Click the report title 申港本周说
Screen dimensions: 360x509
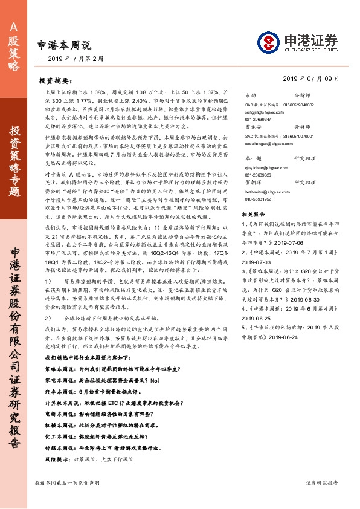[63, 45]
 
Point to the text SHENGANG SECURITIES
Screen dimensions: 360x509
[307, 51]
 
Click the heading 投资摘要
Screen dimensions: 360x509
[59, 80]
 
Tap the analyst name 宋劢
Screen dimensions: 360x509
[249, 96]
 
